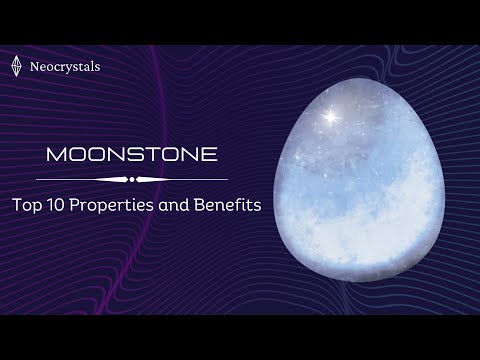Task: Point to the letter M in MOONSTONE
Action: [56, 156]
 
